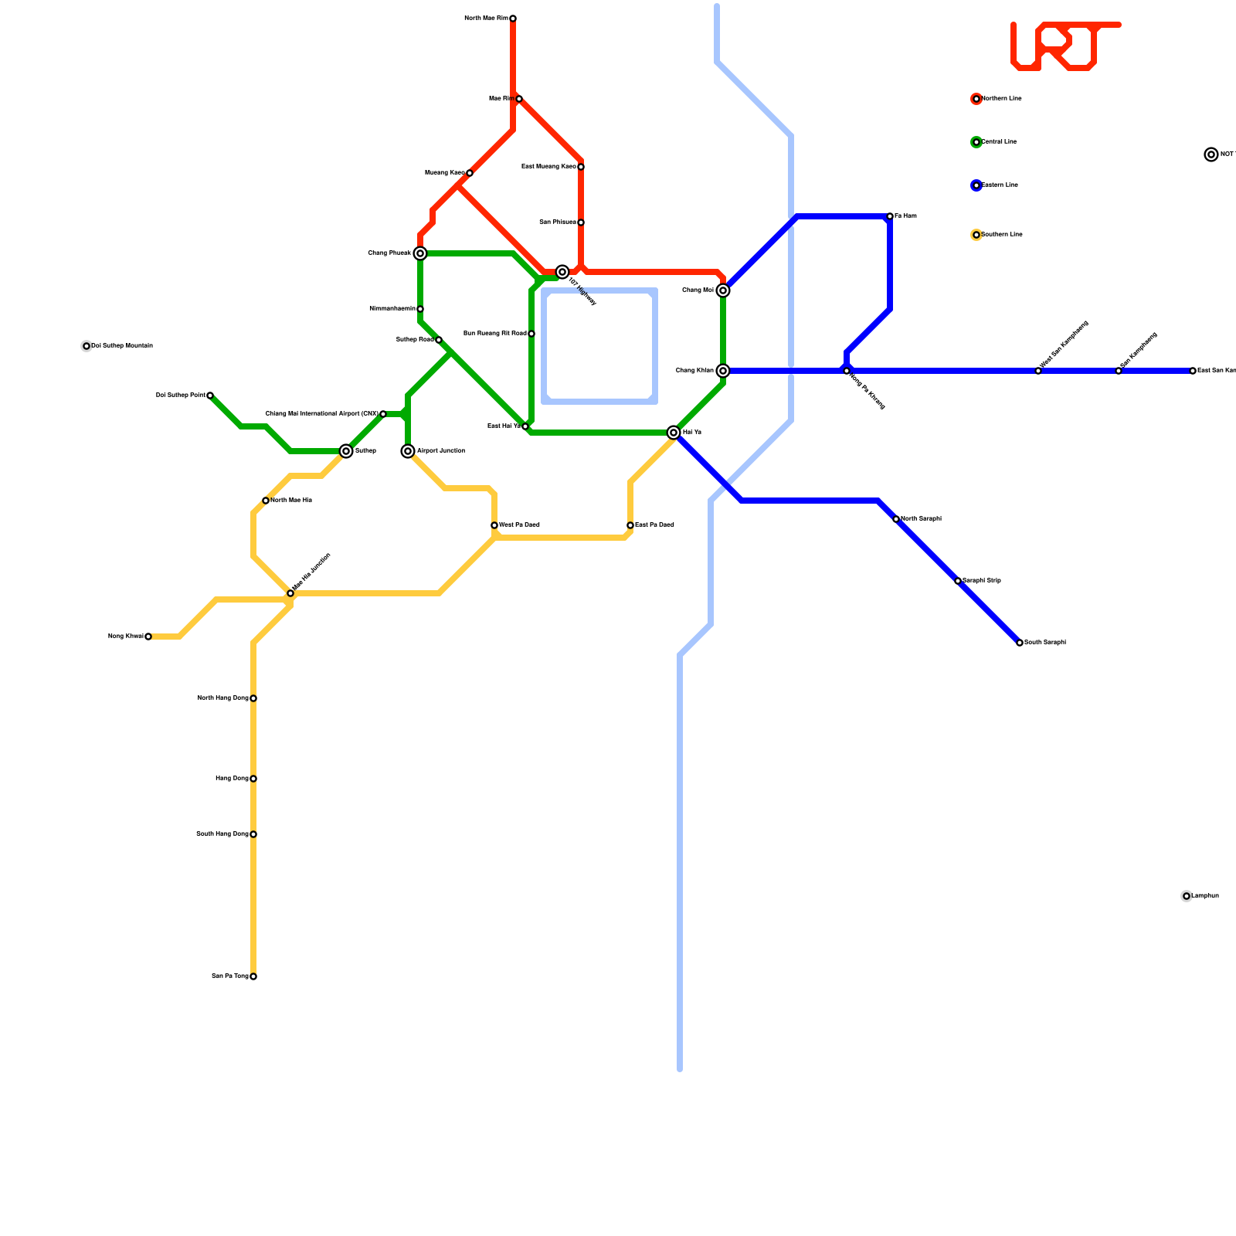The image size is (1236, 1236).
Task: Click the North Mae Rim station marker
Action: click(x=513, y=19)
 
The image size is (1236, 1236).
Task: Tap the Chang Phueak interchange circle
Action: click(x=420, y=253)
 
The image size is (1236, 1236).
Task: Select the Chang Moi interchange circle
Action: click(x=723, y=290)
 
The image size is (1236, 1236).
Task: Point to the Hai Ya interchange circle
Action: click(x=674, y=433)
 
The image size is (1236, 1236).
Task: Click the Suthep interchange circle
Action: click(x=346, y=451)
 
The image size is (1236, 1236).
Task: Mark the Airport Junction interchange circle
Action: click(x=408, y=451)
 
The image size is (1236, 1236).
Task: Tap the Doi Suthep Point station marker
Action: click(x=210, y=396)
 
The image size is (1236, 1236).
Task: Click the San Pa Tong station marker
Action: click(x=253, y=976)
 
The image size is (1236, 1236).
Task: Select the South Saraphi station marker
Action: click(x=1020, y=643)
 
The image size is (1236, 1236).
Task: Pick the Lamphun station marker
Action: click(x=1187, y=896)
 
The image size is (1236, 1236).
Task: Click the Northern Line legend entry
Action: click(x=997, y=99)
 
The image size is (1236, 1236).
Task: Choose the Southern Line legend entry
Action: click(x=997, y=235)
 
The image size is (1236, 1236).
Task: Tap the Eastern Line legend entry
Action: click(x=997, y=185)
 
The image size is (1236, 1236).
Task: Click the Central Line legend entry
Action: click(x=997, y=142)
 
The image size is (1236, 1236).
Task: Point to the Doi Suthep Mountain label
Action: click(x=122, y=346)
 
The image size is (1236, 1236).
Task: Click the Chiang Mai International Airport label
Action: click(x=321, y=414)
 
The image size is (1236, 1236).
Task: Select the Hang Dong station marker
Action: click(x=253, y=779)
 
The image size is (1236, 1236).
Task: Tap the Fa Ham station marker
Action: click(x=890, y=216)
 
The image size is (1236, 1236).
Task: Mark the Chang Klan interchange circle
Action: click(x=723, y=371)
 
